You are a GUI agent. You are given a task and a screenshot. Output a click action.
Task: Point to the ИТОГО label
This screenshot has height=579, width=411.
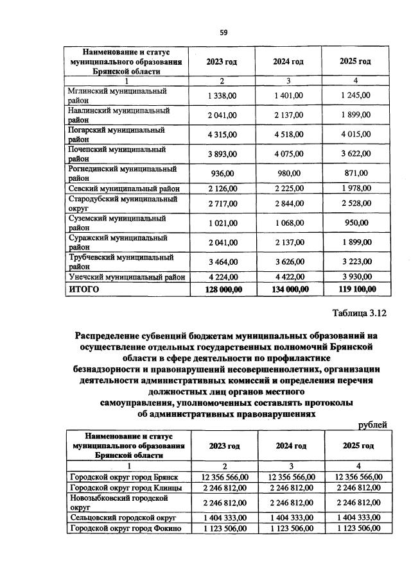pos(84,289)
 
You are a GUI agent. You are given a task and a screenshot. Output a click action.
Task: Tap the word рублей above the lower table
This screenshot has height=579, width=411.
pos(372,424)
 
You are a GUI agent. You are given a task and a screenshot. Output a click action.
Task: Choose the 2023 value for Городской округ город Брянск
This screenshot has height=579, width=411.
pos(223,476)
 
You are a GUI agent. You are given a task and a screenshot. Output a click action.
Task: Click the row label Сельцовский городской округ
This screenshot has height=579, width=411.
pos(122,516)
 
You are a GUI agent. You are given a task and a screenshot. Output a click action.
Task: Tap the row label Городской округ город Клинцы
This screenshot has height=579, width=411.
pos(125,488)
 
